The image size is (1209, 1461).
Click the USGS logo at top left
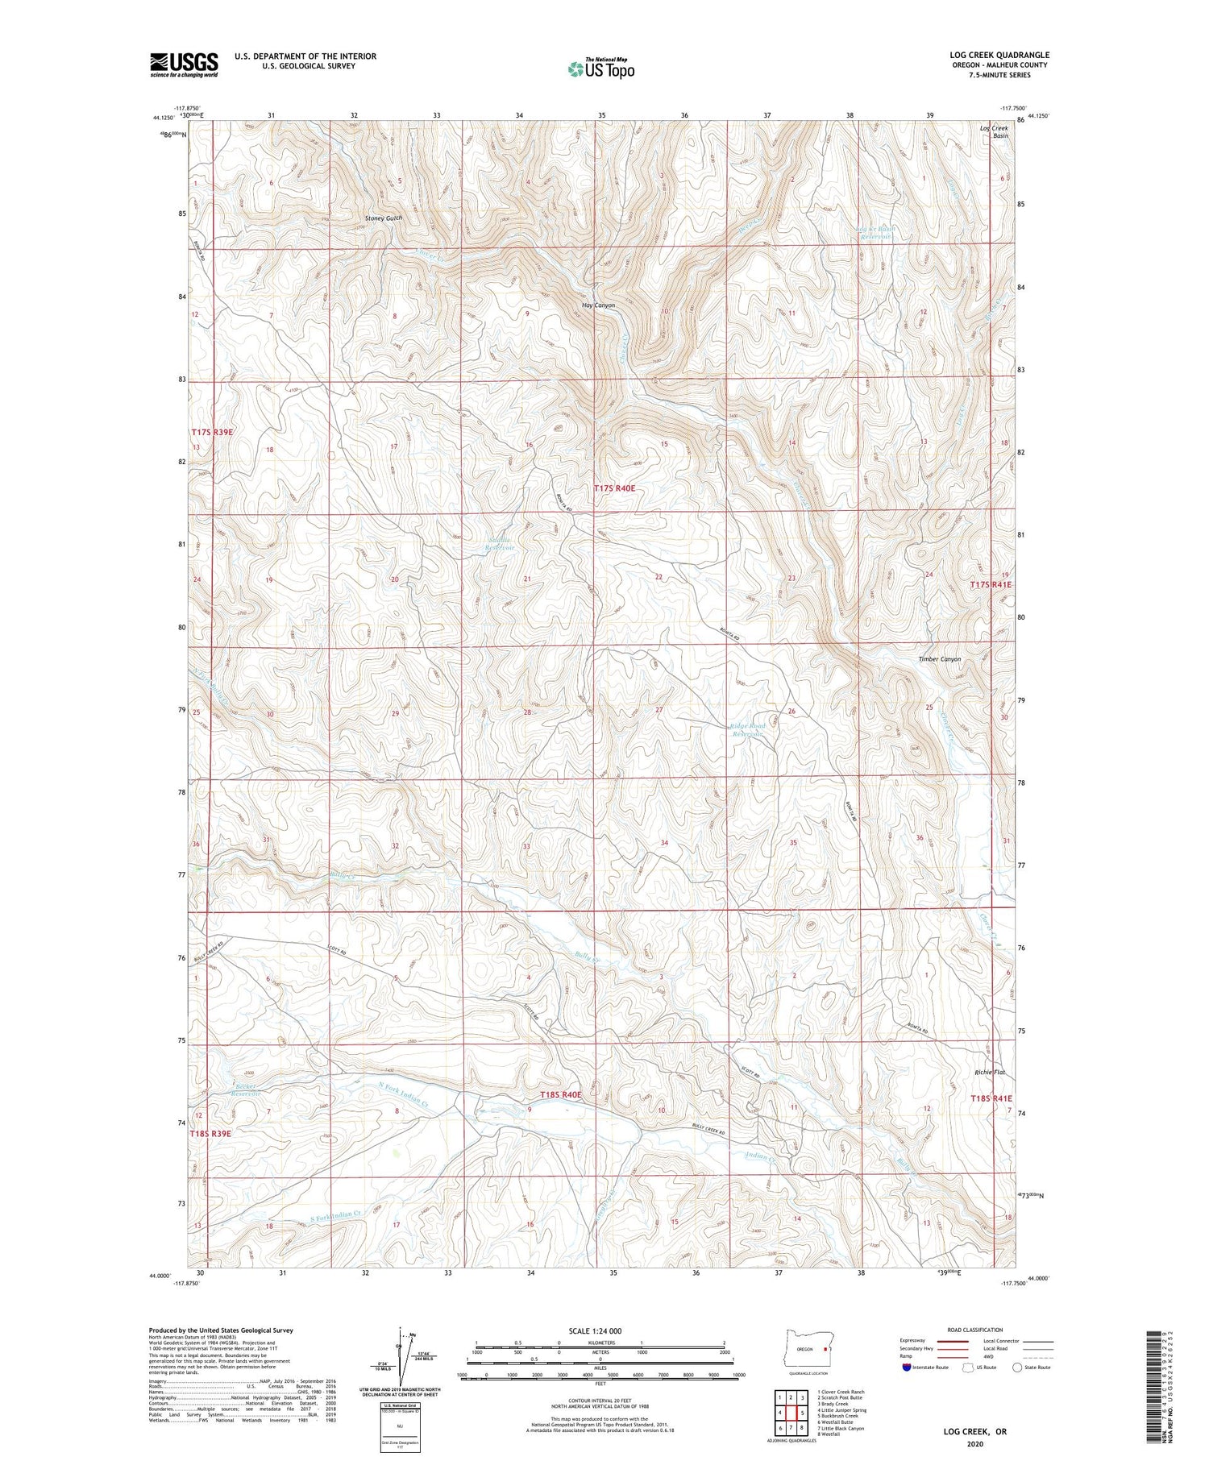tap(184, 64)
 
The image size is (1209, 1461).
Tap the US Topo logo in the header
tap(600, 69)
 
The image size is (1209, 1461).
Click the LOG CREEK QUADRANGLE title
tap(999, 55)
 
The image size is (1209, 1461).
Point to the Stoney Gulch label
tap(383, 218)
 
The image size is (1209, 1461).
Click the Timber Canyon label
tap(939, 659)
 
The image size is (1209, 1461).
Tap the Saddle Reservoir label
tap(499, 544)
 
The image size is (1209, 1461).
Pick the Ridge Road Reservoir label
tap(747, 730)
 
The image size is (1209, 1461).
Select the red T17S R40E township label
tap(620, 488)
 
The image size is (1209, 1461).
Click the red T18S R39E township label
tap(210, 1134)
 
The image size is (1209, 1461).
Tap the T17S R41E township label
tap(990, 584)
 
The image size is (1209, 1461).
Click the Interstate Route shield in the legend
tap(908, 1368)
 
